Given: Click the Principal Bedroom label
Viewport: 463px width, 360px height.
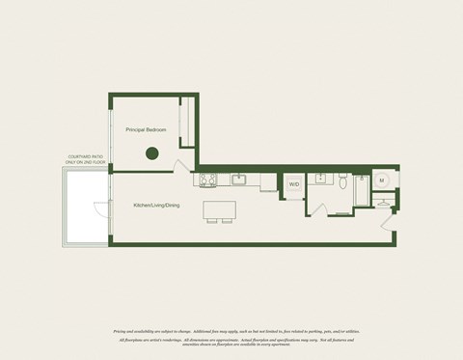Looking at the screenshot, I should [x=145, y=129].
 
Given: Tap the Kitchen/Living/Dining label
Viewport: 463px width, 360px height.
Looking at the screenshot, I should [x=156, y=205].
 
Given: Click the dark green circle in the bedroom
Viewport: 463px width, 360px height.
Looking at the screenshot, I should [x=151, y=152].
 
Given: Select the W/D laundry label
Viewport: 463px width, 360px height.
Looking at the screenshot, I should [x=293, y=183].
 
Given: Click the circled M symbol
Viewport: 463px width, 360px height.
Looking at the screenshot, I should [x=382, y=180].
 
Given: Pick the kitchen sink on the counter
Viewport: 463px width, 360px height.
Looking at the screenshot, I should [x=238, y=179].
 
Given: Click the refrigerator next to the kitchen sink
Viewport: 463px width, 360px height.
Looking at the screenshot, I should [x=267, y=182].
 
